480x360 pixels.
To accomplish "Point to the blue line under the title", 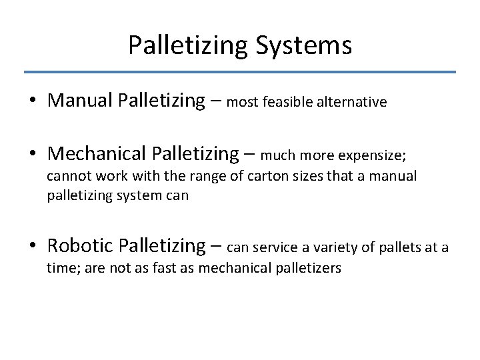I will [240, 71].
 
